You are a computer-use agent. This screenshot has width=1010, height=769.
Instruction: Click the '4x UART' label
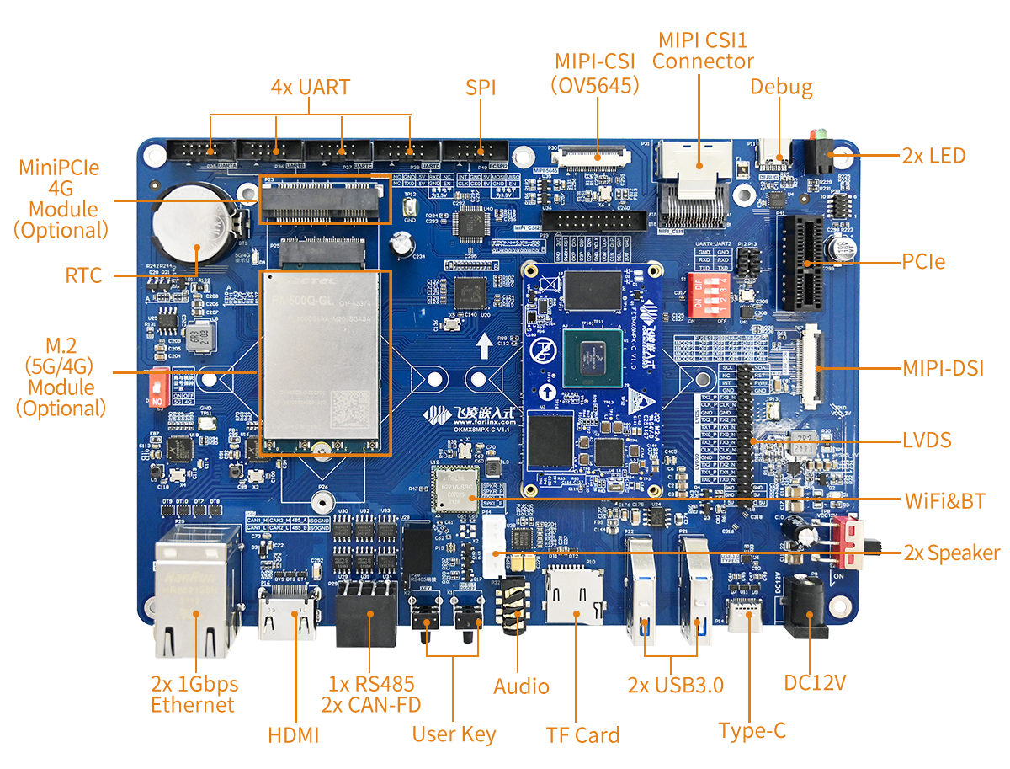[310, 88]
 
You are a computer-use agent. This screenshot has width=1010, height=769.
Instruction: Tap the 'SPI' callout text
[481, 88]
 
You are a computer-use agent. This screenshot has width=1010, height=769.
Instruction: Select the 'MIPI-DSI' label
[944, 368]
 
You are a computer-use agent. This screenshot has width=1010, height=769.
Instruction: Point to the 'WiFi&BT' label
[945, 500]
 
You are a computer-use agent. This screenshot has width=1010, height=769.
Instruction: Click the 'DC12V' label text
[815, 681]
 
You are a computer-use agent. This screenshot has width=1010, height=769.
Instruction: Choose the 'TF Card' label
[582, 734]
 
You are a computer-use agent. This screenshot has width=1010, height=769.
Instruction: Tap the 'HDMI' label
[294, 734]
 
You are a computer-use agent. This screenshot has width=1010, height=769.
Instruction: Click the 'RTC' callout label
[84, 275]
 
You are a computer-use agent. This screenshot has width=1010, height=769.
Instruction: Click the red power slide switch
[850, 541]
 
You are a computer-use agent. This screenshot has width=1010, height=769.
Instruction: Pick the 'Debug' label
[781, 87]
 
